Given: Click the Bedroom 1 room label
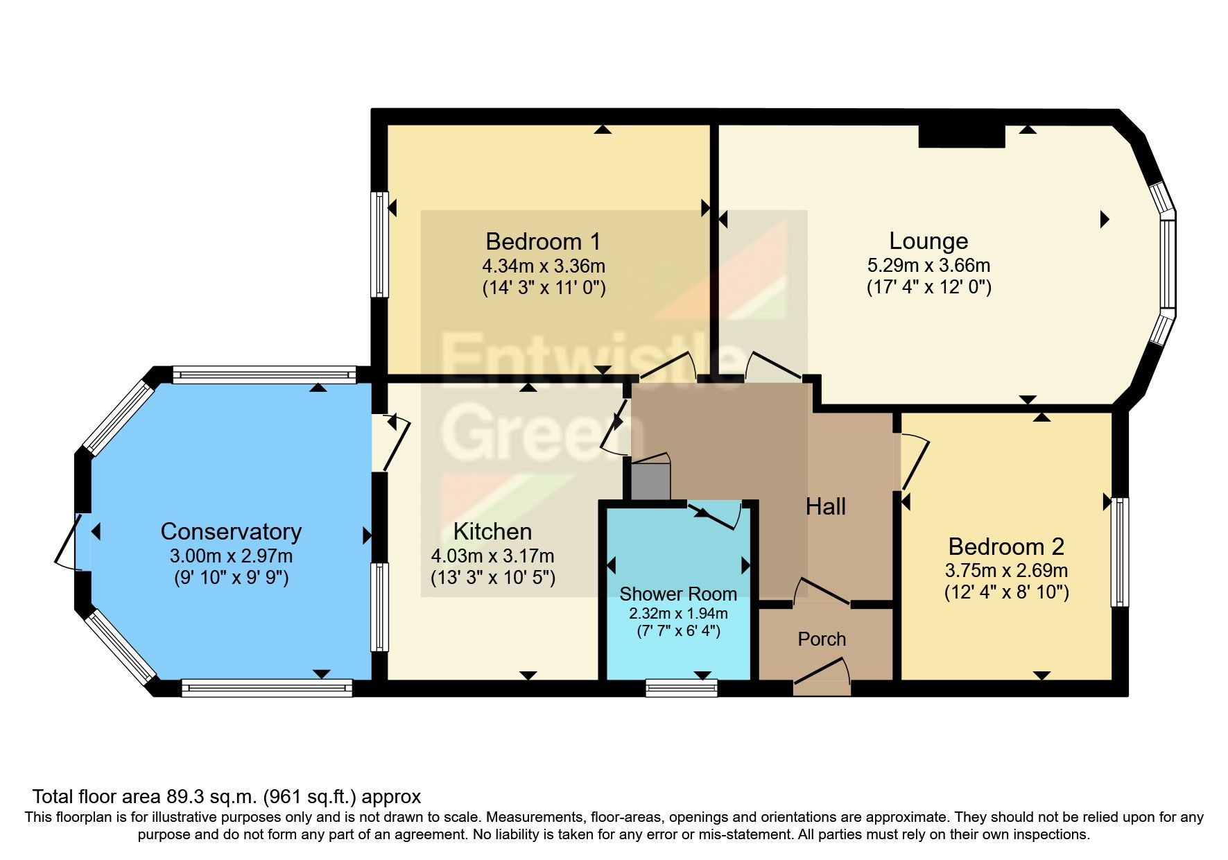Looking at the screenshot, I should [543, 241].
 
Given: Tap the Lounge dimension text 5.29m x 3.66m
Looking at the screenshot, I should [928, 266].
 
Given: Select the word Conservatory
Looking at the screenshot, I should [231, 532].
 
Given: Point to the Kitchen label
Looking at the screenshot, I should [492, 532].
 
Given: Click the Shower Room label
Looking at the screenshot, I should [677, 594].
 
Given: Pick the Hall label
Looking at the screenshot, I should [825, 507].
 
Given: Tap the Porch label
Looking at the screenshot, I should [822, 639].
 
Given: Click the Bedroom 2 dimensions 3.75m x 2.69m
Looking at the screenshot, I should [1005, 571].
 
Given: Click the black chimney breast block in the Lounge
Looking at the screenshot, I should [961, 136].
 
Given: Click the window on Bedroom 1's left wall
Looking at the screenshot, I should [379, 244].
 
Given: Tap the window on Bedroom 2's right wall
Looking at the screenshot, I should [1119, 552].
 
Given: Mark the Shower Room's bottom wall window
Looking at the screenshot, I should [681, 687].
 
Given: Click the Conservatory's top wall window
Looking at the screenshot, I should [264, 375].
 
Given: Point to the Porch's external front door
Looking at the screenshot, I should [822, 676].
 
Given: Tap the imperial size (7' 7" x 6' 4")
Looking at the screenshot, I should [677, 631].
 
